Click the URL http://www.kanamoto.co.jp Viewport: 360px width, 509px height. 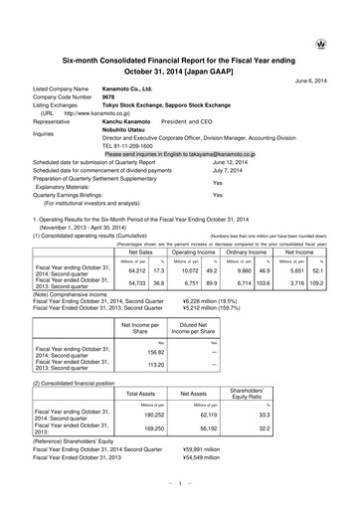[97, 116]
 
